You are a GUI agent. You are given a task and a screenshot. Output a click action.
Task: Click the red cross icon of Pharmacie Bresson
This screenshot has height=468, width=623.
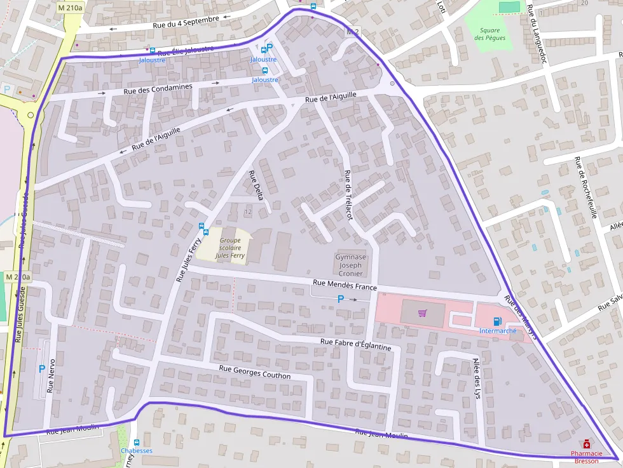(x=586, y=445)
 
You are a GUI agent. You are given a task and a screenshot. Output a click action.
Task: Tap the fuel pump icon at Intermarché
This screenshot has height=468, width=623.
(x=496, y=321)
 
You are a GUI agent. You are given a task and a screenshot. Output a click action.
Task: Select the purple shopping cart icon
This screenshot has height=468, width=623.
(x=422, y=313)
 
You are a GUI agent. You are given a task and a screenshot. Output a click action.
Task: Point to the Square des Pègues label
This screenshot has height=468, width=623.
(x=490, y=34)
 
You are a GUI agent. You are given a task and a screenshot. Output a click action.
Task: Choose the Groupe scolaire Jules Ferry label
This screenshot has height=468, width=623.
(x=229, y=248)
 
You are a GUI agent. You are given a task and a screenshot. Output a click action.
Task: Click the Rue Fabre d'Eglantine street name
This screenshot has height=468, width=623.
(x=355, y=343)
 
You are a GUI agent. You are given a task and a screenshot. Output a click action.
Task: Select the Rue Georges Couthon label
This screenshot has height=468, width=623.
(x=254, y=372)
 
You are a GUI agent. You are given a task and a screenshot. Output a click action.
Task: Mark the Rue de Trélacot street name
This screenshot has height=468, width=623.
(x=348, y=195)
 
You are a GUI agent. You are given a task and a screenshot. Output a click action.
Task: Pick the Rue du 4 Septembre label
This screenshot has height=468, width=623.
(x=186, y=22)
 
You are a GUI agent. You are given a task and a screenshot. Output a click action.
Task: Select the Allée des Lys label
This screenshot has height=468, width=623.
(x=477, y=377)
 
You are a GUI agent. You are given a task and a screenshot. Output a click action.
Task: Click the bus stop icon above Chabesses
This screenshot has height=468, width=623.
(x=136, y=442)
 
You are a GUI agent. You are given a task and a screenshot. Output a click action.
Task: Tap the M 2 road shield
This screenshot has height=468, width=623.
(x=353, y=31)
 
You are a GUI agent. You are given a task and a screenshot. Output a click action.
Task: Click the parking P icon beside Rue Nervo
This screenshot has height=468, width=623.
(x=42, y=368)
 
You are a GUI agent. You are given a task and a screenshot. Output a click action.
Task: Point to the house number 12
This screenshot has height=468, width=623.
(x=247, y=211)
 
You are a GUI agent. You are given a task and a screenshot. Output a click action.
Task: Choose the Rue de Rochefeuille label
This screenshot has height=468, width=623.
(x=585, y=187)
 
